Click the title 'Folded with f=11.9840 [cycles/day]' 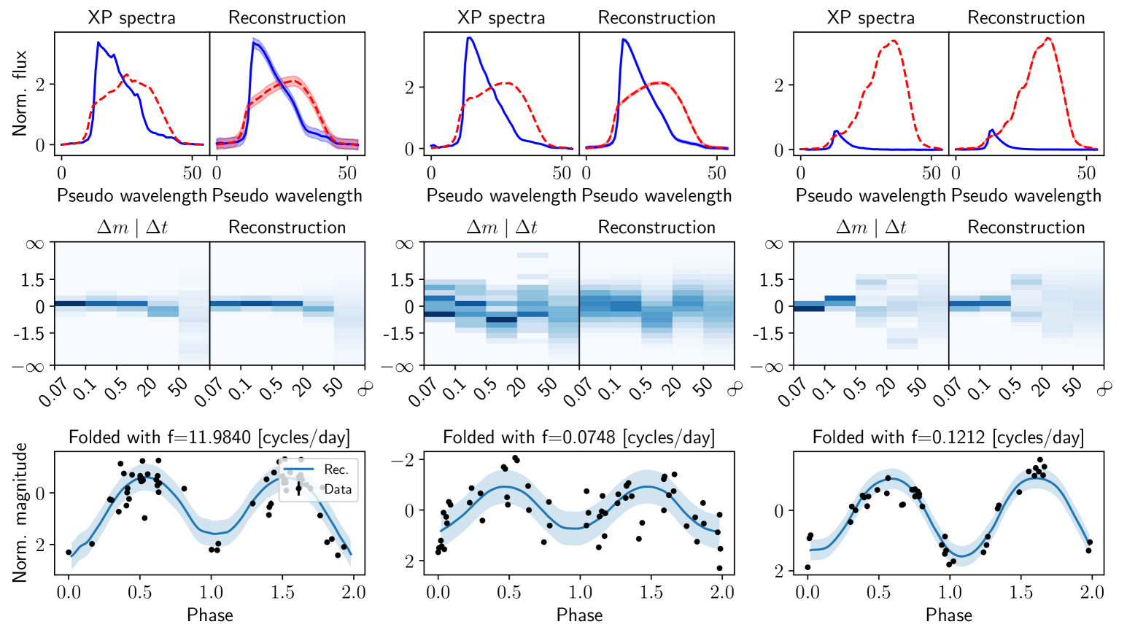tap(209, 437)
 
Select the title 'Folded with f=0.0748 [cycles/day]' tap(579, 437)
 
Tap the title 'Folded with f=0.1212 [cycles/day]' tap(948, 437)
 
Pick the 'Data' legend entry tap(338, 489)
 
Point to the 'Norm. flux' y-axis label tap(20, 93)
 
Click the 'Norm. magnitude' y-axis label tap(20, 512)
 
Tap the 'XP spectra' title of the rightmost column tap(870, 17)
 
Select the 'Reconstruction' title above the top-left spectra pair tap(287, 17)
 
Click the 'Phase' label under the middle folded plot tap(579, 615)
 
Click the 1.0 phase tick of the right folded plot tap(950, 592)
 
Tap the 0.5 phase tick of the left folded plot tap(140, 592)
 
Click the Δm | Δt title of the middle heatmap tap(501, 227)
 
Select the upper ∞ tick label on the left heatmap tap(35, 244)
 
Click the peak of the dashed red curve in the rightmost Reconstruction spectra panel tap(1048, 39)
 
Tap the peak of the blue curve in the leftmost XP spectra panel tap(98, 43)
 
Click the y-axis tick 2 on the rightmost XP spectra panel tap(779, 85)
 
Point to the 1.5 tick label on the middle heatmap tap(403, 280)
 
